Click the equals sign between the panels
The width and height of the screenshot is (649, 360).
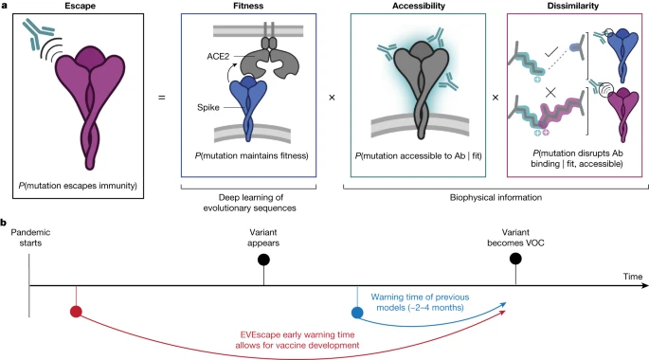pos(161,96)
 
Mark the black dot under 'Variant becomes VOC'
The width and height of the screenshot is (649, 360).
pos(515,258)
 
